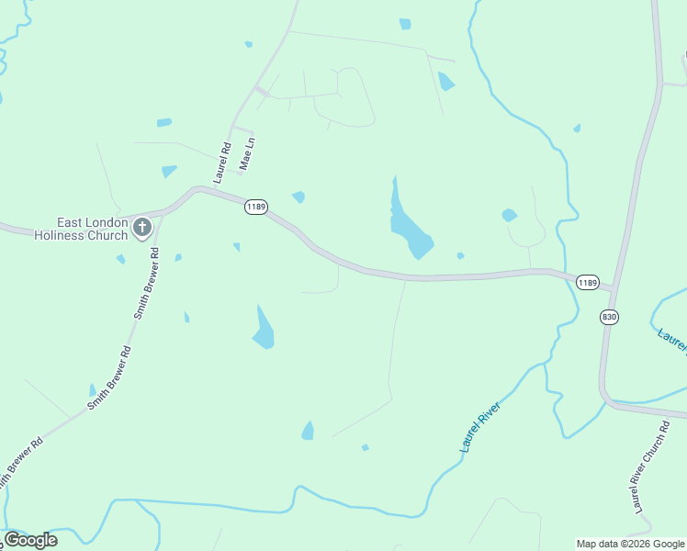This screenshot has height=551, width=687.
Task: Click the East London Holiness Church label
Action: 81,229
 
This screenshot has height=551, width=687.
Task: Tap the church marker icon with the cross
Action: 141,227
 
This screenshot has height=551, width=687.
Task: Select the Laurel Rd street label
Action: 222,162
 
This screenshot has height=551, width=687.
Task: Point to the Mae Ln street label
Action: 245,153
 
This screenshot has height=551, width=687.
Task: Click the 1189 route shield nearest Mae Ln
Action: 256,208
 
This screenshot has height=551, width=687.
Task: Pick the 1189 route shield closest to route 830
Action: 588,282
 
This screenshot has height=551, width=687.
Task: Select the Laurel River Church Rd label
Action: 648,467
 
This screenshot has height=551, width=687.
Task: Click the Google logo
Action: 30,540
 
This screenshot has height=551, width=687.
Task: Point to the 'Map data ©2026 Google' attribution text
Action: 631,544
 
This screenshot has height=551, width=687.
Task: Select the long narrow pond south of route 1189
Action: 264,329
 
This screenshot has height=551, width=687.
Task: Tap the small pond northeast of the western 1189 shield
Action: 298,197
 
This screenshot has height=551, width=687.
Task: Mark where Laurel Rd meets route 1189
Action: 197,189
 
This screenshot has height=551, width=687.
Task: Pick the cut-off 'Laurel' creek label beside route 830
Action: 672,340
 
